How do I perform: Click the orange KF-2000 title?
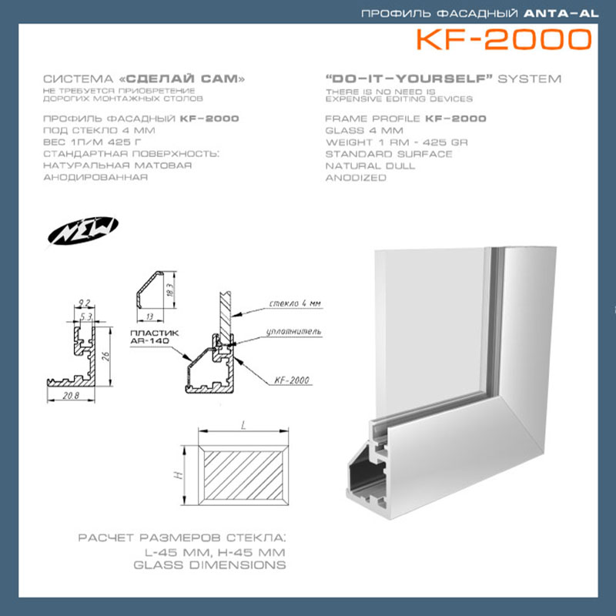pyautogui.click(x=504, y=40)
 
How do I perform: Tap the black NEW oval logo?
pyautogui.click(x=83, y=230)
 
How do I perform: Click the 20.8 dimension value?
pyautogui.click(x=71, y=396)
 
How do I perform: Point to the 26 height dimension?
pyautogui.click(x=105, y=357)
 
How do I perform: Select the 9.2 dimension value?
pyautogui.click(x=84, y=303)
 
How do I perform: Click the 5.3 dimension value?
pyautogui.click(x=86, y=316)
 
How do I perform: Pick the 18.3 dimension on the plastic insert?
pyautogui.click(x=169, y=290)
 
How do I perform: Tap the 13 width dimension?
pyautogui.click(x=149, y=316)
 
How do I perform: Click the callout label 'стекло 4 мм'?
pyautogui.click(x=295, y=303)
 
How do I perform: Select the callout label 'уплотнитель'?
pyautogui.click(x=293, y=332)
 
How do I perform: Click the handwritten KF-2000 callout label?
pyautogui.click(x=292, y=380)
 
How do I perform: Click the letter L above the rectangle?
pyautogui.click(x=243, y=425)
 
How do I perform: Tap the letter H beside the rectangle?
pyautogui.click(x=179, y=475)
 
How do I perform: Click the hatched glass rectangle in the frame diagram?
pyautogui.click(x=243, y=475)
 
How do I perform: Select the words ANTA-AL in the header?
pyautogui.click(x=561, y=14)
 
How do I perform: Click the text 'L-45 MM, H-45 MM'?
pyautogui.click(x=215, y=552)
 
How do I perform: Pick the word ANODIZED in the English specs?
pyautogui.click(x=356, y=178)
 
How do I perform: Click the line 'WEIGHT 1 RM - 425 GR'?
pyautogui.click(x=397, y=142)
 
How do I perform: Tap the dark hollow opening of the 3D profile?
pyautogui.click(x=367, y=474)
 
